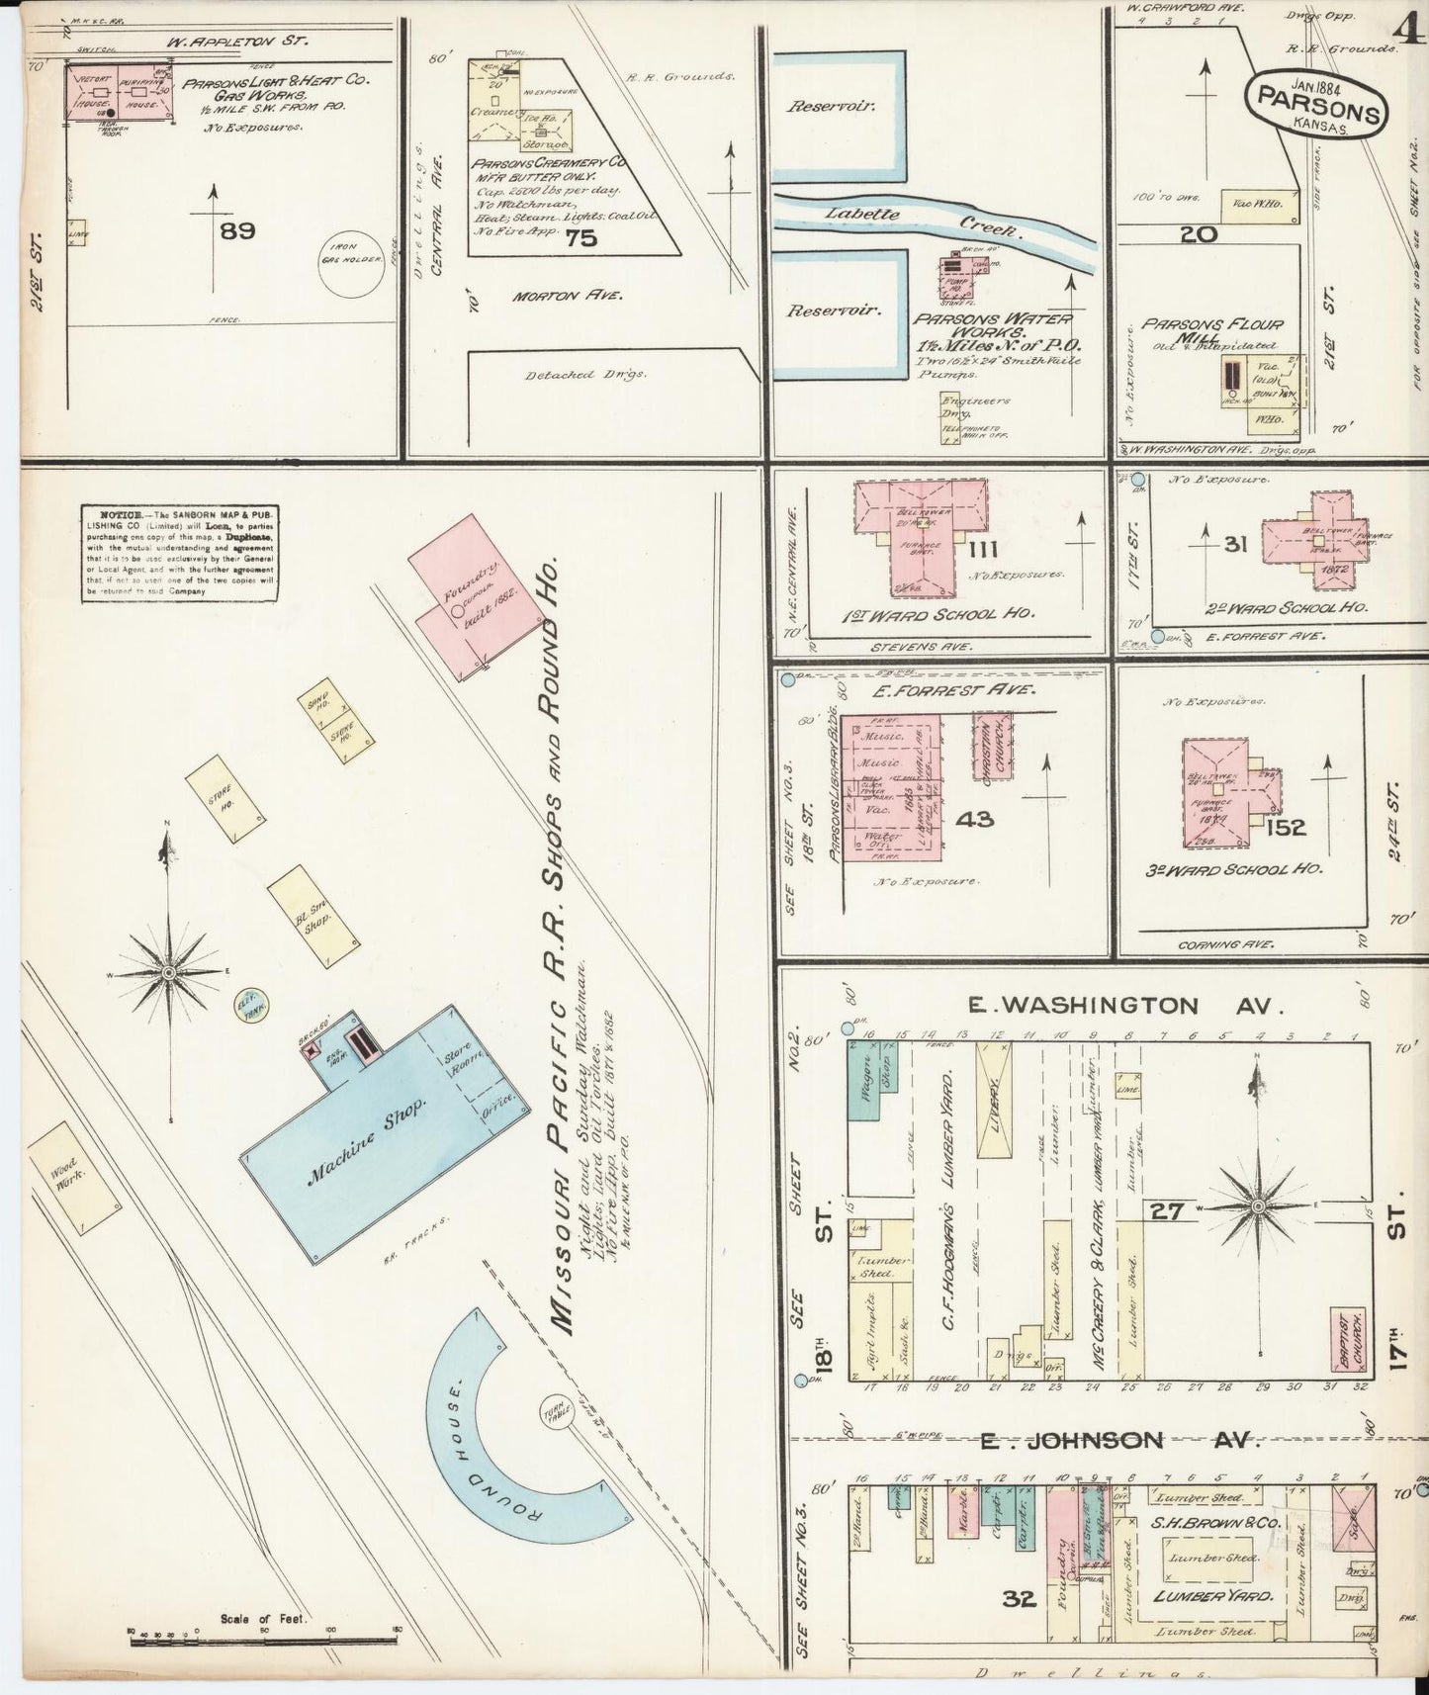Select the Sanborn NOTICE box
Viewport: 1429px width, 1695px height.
[x=179, y=554]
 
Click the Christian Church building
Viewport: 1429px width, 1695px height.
[x=994, y=746]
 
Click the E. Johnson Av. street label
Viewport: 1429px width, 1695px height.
[x=1117, y=1440]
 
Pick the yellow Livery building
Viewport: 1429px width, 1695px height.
[x=995, y=1100]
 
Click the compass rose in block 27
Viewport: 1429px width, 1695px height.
[x=1258, y=1206]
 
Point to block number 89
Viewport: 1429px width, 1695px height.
[x=238, y=230]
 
